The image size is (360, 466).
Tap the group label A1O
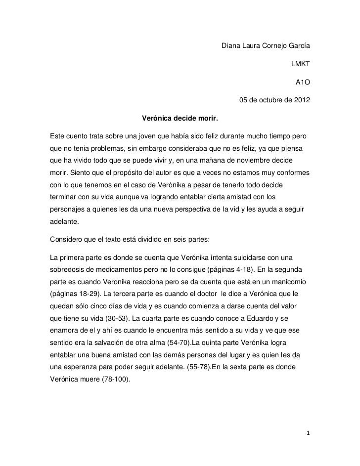pos(303,83)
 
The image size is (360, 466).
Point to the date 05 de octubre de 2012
pos(275,101)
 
